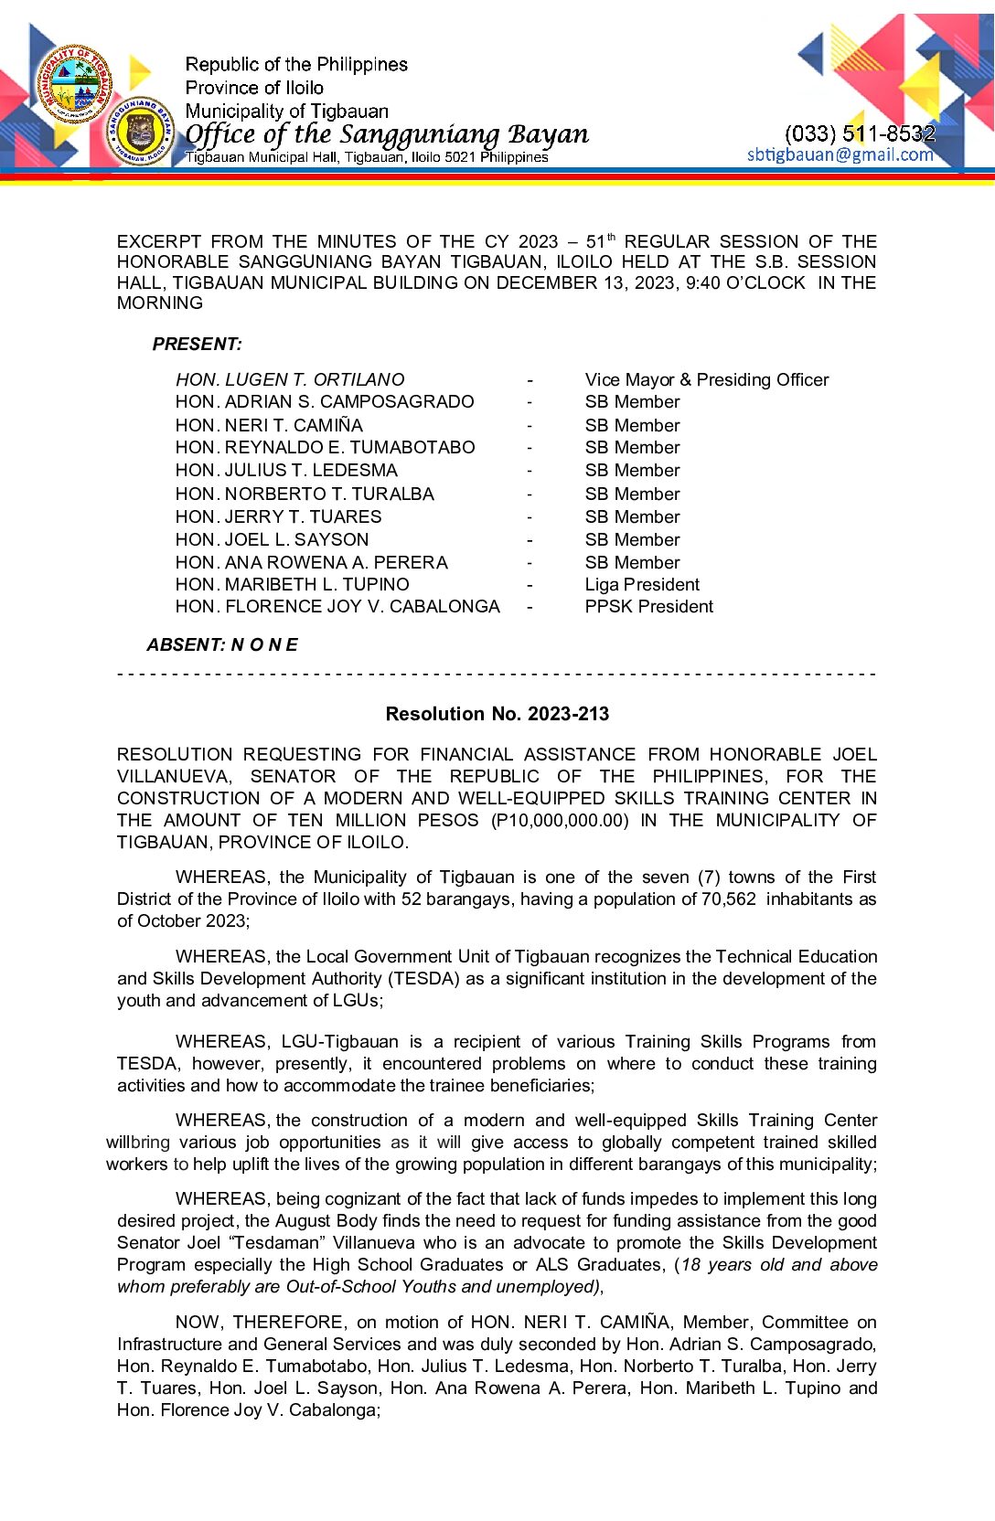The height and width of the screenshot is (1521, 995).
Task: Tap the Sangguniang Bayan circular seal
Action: point(140,133)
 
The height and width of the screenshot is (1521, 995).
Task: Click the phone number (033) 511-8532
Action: point(860,133)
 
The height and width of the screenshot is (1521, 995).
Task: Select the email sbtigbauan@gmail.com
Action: point(840,154)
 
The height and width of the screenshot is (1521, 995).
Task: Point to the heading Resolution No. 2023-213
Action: point(497,714)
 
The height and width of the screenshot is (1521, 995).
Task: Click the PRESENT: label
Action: point(198,345)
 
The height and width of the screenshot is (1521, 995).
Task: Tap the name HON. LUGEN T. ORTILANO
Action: point(290,379)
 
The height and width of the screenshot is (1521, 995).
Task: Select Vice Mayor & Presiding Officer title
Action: point(706,379)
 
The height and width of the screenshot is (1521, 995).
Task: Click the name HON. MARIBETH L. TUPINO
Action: point(292,584)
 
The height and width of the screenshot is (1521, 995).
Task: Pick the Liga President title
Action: point(642,584)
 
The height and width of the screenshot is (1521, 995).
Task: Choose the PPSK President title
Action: point(648,606)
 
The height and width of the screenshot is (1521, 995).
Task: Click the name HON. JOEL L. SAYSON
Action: point(272,539)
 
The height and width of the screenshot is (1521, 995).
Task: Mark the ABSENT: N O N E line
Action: point(222,644)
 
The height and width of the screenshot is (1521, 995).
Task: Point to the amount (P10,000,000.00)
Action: point(560,820)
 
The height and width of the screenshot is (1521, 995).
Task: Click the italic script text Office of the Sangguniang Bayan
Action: point(387,134)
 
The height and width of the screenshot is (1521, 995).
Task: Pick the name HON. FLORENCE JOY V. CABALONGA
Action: point(337,606)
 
